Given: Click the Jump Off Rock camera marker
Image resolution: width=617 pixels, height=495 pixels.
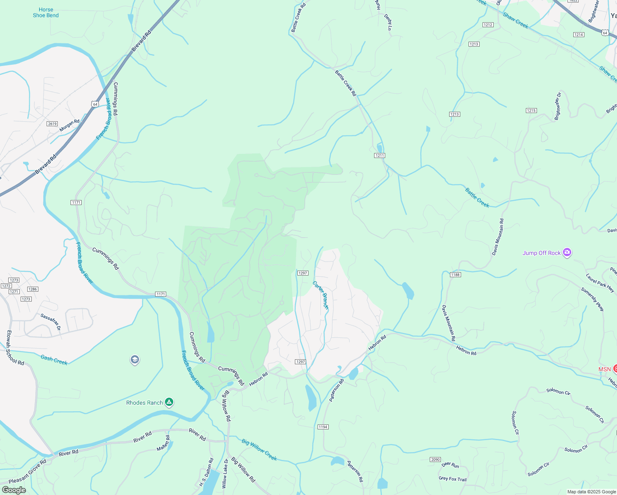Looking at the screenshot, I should [x=567, y=252].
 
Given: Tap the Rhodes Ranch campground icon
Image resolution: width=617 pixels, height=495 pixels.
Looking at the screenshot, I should [x=169, y=402].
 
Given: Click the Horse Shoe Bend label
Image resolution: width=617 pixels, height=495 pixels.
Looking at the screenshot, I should [x=46, y=12].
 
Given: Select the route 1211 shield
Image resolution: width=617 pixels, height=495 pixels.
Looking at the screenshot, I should [x=379, y=156].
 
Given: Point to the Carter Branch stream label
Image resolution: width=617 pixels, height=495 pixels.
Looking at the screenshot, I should [x=320, y=295].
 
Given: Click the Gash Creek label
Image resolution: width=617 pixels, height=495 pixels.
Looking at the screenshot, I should [x=54, y=360].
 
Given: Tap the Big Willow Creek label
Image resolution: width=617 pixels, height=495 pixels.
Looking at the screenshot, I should [x=259, y=450].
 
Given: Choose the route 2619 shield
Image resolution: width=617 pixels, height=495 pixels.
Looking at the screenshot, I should [x=52, y=124].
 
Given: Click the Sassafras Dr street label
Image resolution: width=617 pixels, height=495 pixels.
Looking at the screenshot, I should [x=51, y=322].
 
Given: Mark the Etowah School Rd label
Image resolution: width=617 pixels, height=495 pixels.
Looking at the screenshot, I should [x=15, y=348].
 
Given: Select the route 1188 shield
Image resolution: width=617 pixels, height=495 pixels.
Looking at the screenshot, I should [x=455, y=275].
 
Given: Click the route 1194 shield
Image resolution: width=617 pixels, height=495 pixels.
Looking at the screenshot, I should [x=323, y=427].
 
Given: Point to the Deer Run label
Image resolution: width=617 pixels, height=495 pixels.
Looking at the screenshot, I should [x=450, y=465].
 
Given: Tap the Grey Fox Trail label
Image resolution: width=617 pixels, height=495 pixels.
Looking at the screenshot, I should [x=452, y=479].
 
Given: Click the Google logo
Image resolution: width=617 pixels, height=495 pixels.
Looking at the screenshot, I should [x=14, y=490].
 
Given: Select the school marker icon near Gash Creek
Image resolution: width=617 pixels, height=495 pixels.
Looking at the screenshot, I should [x=134, y=360].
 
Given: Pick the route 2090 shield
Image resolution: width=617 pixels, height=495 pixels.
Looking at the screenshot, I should [x=435, y=460].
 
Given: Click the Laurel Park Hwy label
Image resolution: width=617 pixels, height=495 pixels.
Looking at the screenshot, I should [x=600, y=283].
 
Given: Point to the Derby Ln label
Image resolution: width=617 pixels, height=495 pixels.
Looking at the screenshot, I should [x=388, y=22].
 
